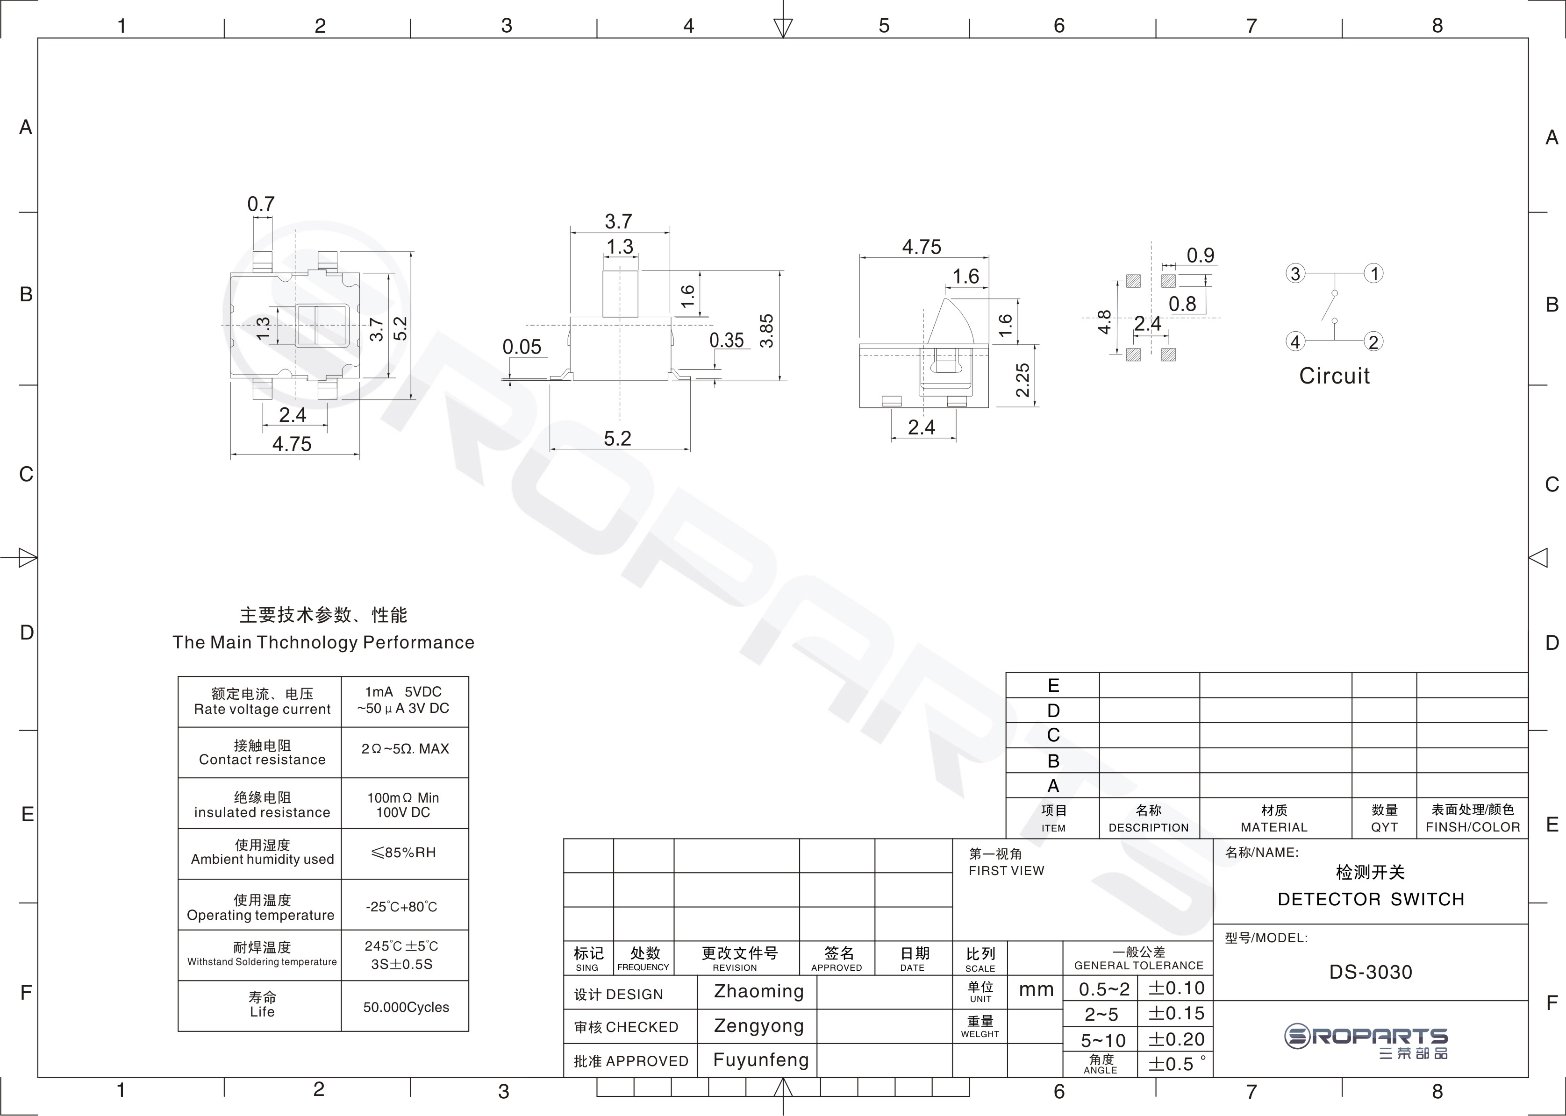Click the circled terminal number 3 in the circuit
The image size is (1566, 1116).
coord(1295,273)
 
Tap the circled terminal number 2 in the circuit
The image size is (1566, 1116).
coord(1373,341)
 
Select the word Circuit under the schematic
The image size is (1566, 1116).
coord(1334,376)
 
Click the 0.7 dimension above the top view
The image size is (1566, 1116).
coord(261,204)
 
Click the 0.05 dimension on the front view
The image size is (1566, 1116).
coord(522,347)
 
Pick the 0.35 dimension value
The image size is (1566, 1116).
coord(727,340)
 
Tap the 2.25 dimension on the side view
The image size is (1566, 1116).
coord(1022,380)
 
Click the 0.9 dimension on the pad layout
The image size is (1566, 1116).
coord(1200,256)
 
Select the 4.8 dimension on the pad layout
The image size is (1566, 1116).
coord(1104,321)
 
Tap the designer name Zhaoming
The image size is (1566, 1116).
coord(759,992)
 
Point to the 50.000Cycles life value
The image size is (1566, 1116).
coord(406,1008)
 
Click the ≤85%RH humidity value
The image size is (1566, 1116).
coord(403,853)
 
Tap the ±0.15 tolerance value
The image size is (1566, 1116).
coord(1176,1014)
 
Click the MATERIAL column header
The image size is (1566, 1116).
coord(1274,827)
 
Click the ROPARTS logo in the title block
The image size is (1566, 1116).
coord(1366,1042)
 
